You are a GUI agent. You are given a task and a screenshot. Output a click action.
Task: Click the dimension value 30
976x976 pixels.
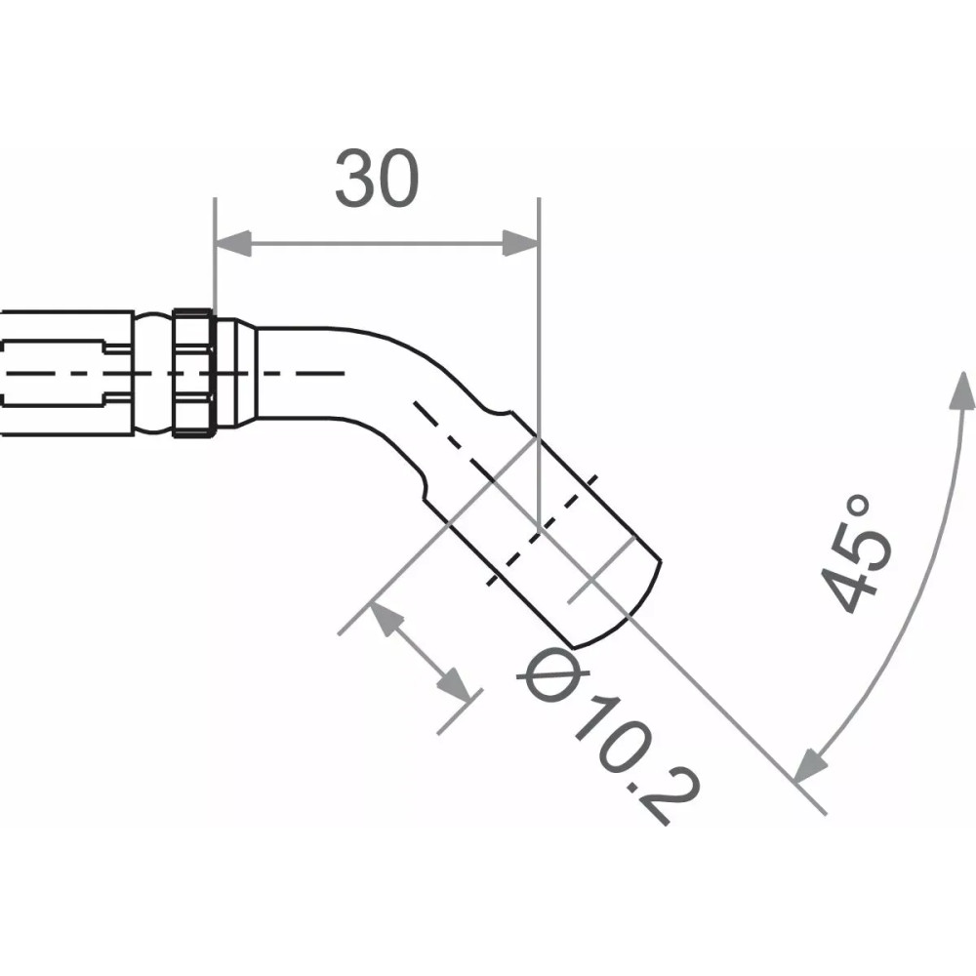click(x=377, y=181)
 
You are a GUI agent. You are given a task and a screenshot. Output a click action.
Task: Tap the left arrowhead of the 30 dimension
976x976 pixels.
click(x=232, y=244)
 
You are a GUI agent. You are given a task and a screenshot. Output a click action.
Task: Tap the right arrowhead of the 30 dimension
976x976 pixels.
click(x=520, y=244)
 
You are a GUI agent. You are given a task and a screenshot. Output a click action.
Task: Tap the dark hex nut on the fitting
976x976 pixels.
click(x=193, y=373)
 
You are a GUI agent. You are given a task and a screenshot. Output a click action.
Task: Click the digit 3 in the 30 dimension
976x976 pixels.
click(x=354, y=181)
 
